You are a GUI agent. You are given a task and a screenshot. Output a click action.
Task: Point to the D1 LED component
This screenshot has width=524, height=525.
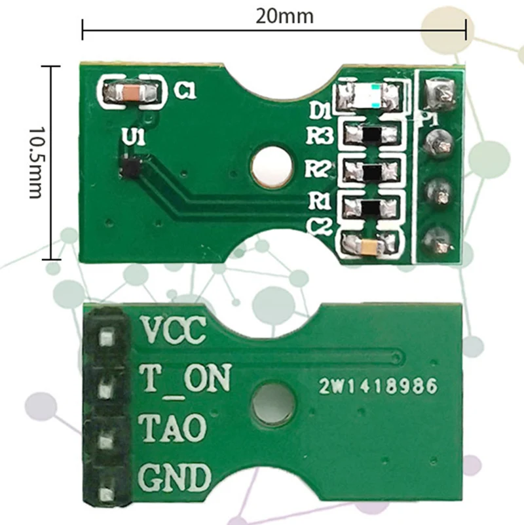tap(368, 96)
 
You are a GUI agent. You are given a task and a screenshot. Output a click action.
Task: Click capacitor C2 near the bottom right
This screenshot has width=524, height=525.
tap(369, 245)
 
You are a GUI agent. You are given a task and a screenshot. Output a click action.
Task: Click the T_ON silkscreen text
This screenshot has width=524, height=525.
tap(186, 379)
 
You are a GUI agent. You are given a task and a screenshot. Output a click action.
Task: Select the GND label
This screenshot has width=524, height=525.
tap(175, 478)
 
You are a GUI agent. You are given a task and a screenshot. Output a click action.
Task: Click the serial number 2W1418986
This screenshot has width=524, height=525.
tap(378, 387)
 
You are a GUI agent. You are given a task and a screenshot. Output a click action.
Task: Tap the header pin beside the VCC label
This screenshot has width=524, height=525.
tap(105, 338)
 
